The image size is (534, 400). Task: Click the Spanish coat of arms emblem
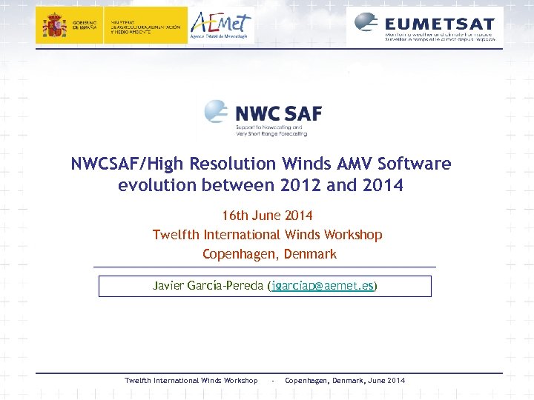tap(54, 26)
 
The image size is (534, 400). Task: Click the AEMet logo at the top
tap(221, 25)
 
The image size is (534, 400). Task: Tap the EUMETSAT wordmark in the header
tap(440, 21)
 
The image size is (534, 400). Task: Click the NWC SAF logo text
tap(278, 113)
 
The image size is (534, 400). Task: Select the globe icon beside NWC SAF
tap(217, 113)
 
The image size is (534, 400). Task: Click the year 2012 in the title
tap(300, 185)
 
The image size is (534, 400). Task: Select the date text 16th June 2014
tap(267, 216)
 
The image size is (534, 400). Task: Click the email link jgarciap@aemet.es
tap(323, 285)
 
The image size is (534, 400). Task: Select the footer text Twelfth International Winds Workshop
tap(191, 381)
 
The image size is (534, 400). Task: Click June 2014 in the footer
tap(386, 381)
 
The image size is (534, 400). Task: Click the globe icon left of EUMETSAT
tap(367, 22)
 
